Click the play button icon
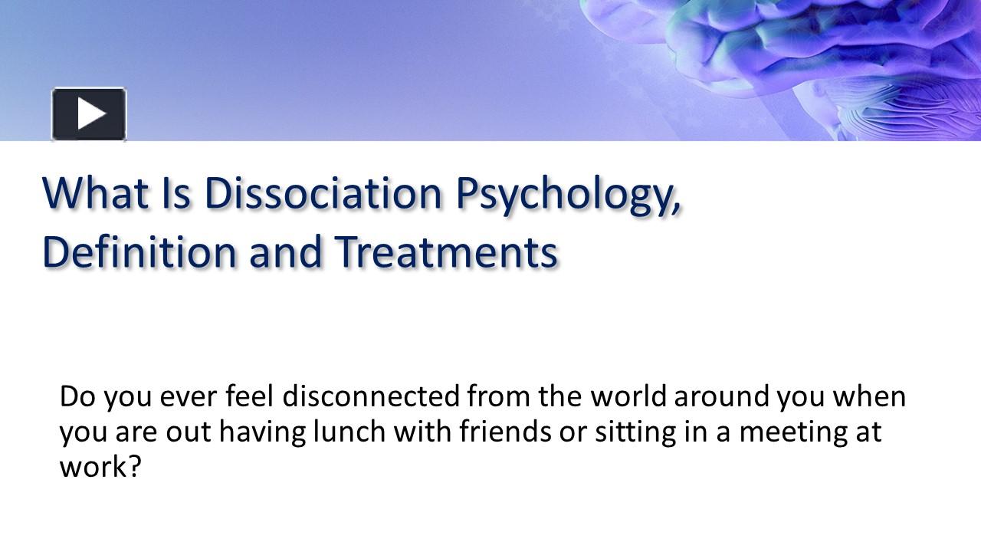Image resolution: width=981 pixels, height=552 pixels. point(89,114)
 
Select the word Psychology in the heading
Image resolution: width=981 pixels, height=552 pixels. point(568,195)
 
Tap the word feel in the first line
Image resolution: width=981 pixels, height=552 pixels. point(251,396)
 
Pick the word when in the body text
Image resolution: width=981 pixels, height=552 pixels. point(869,396)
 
